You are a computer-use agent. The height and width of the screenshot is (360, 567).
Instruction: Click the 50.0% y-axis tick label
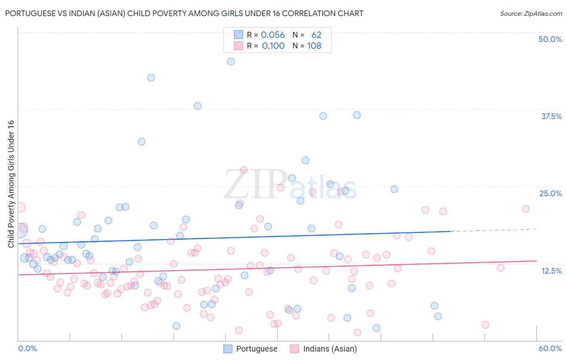click(x=550, y=39)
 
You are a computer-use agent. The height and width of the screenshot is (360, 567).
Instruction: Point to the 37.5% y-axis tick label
click(x=551, y=116)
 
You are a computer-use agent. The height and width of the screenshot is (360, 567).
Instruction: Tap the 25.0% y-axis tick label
click(x=550, y=193)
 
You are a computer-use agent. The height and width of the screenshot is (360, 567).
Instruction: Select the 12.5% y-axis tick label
click(x=551, y=271)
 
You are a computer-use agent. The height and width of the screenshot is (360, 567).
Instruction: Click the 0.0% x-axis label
click(x=27, y=348)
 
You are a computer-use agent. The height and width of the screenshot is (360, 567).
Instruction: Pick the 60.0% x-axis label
click(x=550, y=348)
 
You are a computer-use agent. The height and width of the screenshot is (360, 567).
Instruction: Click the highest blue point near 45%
click(x=231, y=62)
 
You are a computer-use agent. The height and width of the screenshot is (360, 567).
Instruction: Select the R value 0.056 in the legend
click(x=273, y=35)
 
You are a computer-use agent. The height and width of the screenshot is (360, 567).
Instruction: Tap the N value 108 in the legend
click(x=314, y=46)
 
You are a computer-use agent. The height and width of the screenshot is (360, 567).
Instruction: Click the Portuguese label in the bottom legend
click(x=256, y=349)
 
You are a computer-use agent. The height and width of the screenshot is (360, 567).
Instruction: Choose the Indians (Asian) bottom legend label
click(x=329, y=349)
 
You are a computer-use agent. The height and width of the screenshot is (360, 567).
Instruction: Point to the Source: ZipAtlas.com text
click(x=531, y=13)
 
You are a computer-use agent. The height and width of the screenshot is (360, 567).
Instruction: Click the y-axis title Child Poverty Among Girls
click(x=11, y=184)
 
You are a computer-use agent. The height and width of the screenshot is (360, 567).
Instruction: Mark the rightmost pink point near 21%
click(x=525, y=209)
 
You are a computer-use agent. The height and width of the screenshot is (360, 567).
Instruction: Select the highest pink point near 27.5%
click(x=244, y=170)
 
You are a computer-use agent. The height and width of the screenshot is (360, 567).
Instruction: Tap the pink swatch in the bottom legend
click(x=294, y=349)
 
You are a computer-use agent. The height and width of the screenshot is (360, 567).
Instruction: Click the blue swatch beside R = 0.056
click(x=238, y=35)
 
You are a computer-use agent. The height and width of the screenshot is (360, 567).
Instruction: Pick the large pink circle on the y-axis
click(x=20, y=207)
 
